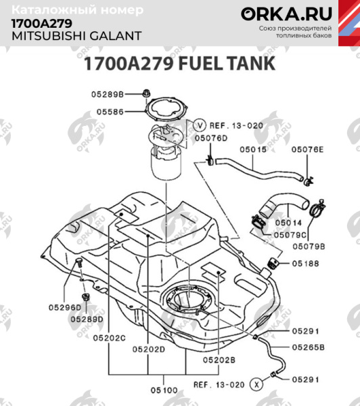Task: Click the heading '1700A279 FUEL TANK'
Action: (x=179, y=64)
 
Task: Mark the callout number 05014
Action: (x=288, y=222)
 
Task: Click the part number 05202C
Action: (x=109, y=337)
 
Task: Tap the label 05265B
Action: (x=309, y=347)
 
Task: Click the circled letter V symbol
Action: (x=200, y=125)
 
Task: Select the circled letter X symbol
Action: (x=256, y=384)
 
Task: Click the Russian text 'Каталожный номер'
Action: (x=78, y=11)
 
